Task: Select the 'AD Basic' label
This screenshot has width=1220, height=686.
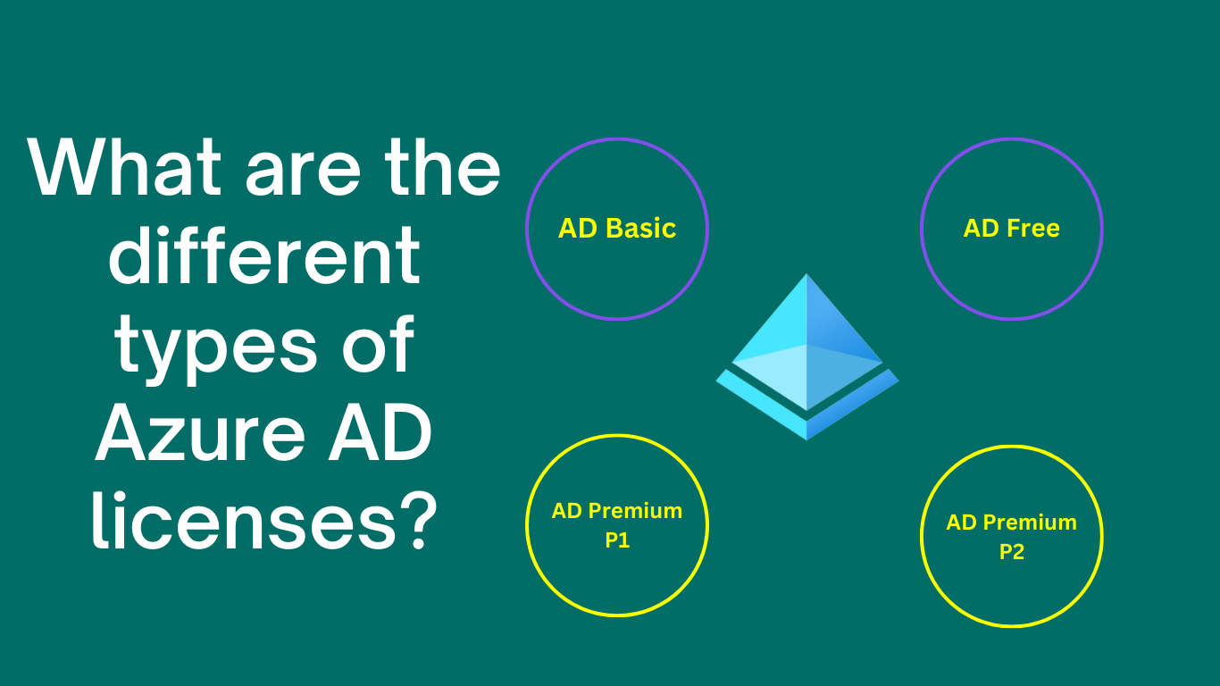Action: [x=617, y=229]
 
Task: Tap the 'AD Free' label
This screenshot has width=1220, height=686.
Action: [x=1011, y=229]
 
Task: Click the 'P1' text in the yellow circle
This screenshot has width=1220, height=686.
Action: [x=617, y=540]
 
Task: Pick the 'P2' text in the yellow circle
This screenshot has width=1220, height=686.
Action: [x=1011, y=552]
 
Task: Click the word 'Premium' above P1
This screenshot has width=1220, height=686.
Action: [x=638, y=511]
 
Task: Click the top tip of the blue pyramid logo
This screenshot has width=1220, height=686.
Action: [x=807, y=277]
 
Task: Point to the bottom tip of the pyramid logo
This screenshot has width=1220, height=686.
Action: [x=807, y=438]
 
